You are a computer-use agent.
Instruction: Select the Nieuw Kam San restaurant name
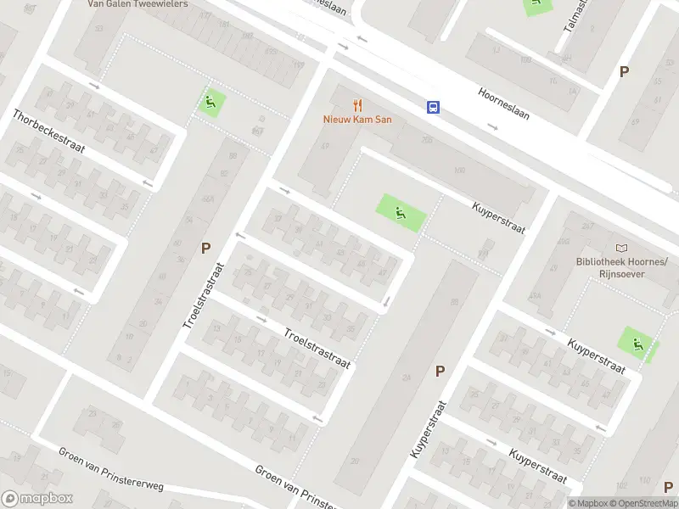coord(357,120)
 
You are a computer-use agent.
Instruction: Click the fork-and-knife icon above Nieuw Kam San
coord(357,105)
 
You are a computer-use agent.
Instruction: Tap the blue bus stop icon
coord(433,107)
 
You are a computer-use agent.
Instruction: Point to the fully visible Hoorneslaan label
coord(503,103)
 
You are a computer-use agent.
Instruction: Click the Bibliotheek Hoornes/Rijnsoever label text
coord(623,267)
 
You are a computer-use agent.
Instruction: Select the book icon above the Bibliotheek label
coord(623,248)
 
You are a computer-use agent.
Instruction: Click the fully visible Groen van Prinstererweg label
coord(110,467)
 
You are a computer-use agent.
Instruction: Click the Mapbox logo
coord(37,499)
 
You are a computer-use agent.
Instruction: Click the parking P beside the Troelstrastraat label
coord(205,248)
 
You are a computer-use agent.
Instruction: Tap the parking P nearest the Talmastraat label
coord(624,72)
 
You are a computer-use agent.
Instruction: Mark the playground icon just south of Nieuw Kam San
coord(398,210)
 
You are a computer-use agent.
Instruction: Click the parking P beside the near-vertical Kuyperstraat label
coord(440,371)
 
